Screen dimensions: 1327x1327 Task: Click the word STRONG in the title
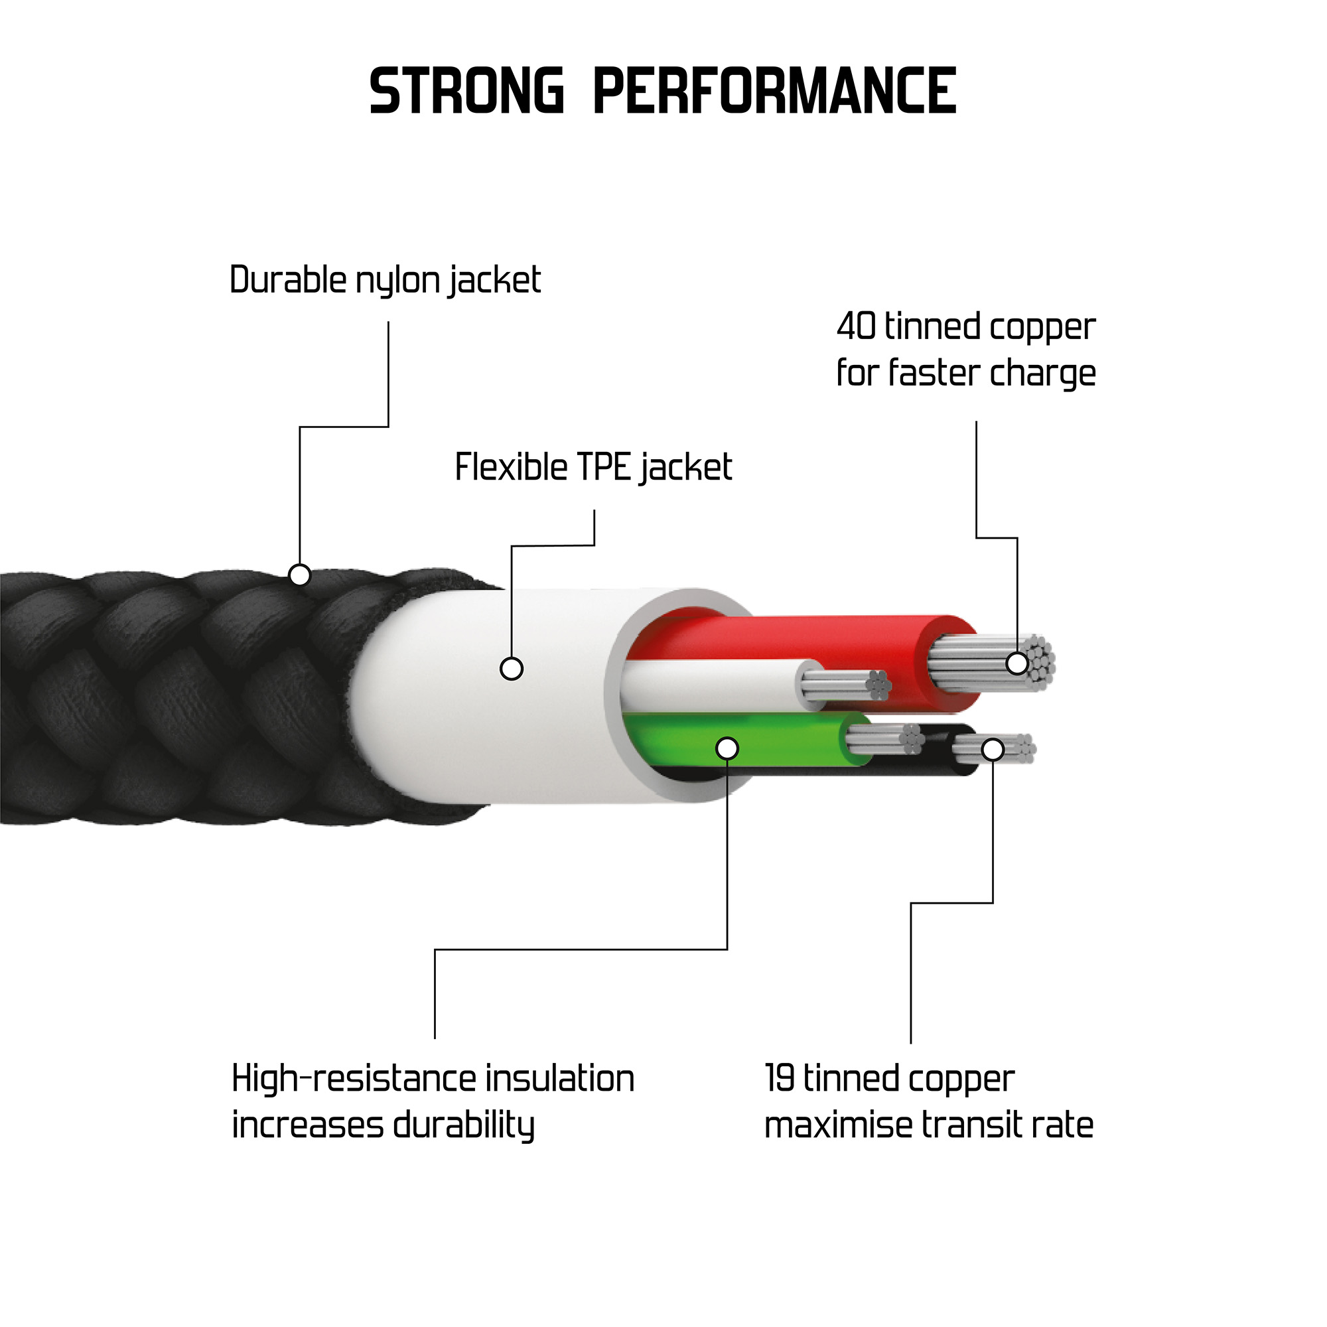coord(466,91)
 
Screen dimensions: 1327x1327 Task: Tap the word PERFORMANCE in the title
coord(774,91)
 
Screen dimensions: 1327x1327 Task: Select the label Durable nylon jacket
coord(385,280)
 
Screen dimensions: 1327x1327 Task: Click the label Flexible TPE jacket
coord(593,468)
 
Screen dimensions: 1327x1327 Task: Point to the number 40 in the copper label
coord(856,326)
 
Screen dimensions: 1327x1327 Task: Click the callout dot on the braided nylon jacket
coord(299,574)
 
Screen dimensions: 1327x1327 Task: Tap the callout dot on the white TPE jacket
coord(511,668)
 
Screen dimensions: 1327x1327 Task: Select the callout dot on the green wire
coord(727,748)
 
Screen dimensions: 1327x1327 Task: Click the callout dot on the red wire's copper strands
coord(1017,663)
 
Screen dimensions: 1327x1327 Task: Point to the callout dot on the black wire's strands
coord(993,749)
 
